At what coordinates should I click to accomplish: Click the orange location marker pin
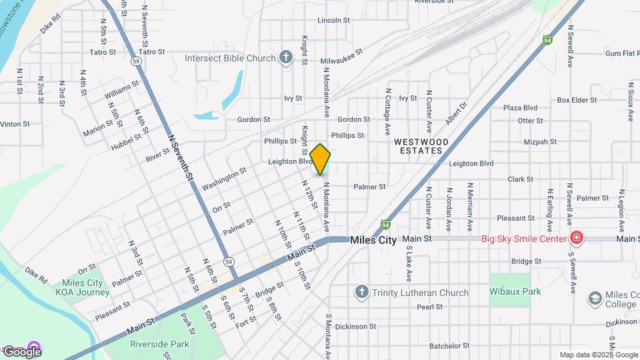[x=321, y=159]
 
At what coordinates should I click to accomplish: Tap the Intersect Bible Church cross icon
[x=286, y=57]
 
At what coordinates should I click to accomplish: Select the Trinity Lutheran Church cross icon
[x=361, y=292]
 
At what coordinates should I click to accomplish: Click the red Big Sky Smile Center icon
[x=576, y=238]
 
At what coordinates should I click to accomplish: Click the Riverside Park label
[x=159, y=344]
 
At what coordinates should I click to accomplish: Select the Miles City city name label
[x=373, y=240]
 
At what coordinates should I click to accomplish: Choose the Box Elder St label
[x=577, y=100]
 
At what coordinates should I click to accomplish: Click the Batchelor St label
[x=449, y=345]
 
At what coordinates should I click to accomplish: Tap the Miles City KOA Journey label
[x=83, y=287]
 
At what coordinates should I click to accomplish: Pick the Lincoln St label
[x=333, y=21]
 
